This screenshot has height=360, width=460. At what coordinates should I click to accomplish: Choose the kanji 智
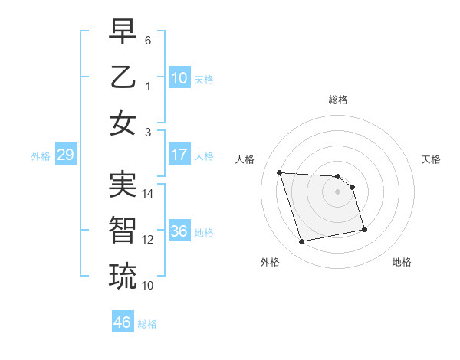[123, 229]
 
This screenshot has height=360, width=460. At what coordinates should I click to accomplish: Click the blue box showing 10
[179, 77]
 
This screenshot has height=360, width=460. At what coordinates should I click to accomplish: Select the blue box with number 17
[179, 154]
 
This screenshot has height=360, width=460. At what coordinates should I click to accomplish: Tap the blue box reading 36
[179, 231]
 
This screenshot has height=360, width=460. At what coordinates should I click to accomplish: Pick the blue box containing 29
[65, 155]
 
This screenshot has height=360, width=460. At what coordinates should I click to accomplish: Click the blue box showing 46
[123, 322]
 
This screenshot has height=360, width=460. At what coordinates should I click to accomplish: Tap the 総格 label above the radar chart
[337, 100]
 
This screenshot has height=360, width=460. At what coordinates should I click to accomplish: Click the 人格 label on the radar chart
[246, 159]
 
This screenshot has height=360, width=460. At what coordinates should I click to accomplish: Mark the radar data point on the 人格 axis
[280, 172]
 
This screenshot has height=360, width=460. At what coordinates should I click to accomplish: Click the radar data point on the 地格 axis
[364, 229]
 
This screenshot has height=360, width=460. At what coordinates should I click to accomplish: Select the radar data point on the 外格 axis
[302, 242]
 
